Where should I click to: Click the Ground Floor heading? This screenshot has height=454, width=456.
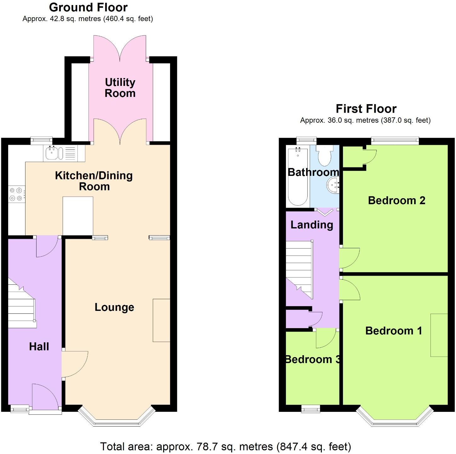tap(88, 7)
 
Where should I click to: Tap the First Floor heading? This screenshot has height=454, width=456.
tap(366, 109)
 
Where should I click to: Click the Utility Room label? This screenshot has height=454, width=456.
tap(120, 88)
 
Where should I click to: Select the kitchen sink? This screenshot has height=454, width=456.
tap(51, 153)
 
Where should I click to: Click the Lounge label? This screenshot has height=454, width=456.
tap(114, 307)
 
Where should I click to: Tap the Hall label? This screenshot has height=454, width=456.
tap(39, 347)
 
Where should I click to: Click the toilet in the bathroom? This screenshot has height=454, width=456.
tap(324, 156)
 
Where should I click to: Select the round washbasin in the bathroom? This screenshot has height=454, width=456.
tap(333, 185)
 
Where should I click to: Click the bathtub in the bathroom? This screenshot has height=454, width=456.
tap(298, 178)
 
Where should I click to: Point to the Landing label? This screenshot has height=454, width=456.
tap(312, 225)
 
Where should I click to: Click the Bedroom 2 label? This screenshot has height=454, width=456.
tap(396, 200)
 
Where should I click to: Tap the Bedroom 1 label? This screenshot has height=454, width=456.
tap(394, 331)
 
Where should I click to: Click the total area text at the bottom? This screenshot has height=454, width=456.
tap(225, 446)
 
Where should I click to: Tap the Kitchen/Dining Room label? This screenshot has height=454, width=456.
tap(94, 181)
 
